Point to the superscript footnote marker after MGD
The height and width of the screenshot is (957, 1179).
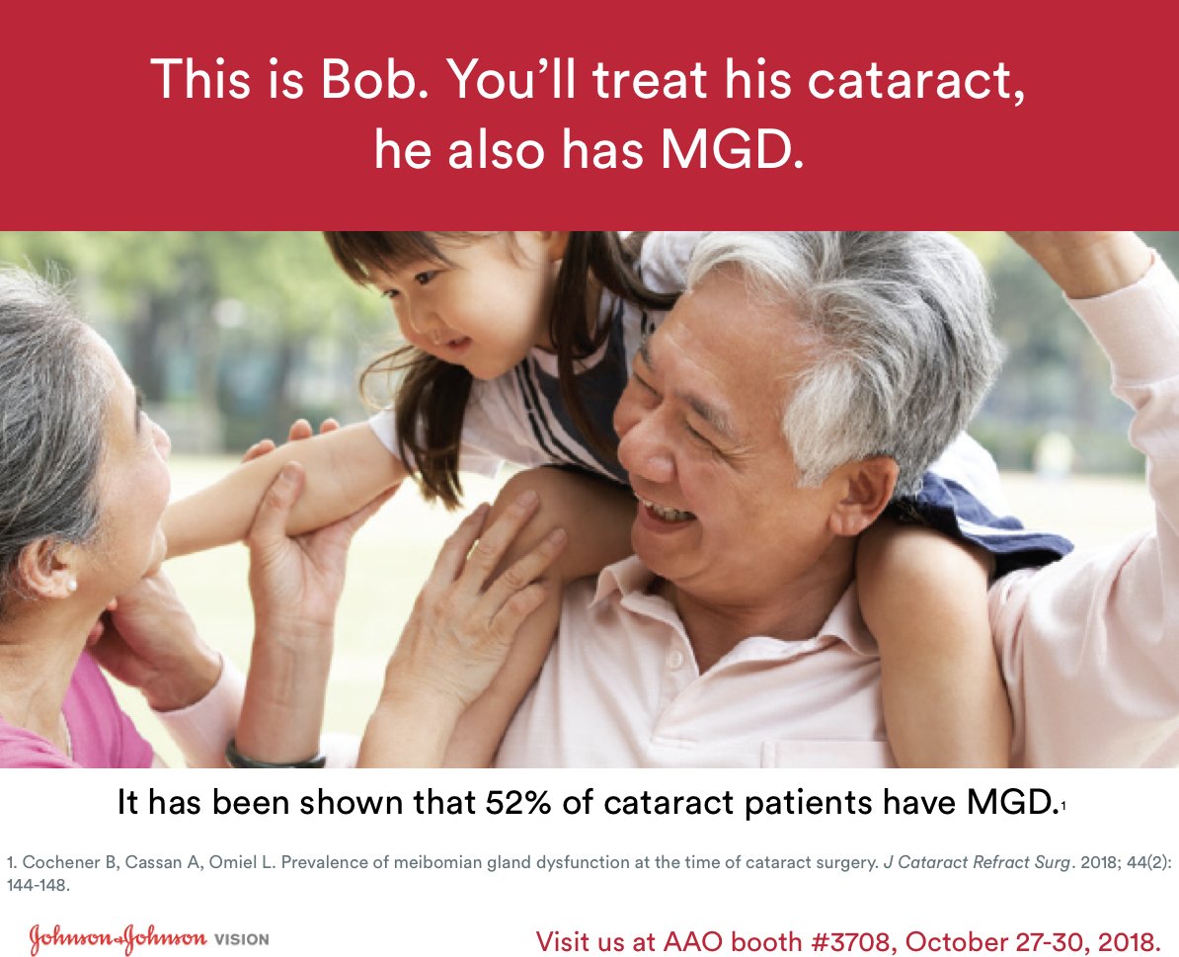click(x=1062, y=808)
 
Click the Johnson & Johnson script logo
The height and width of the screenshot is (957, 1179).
click(x=117, y=938)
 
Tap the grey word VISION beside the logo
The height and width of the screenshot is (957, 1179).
click(x=241, y=939)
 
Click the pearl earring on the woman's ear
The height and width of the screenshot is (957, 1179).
click(x=70, y=585)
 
